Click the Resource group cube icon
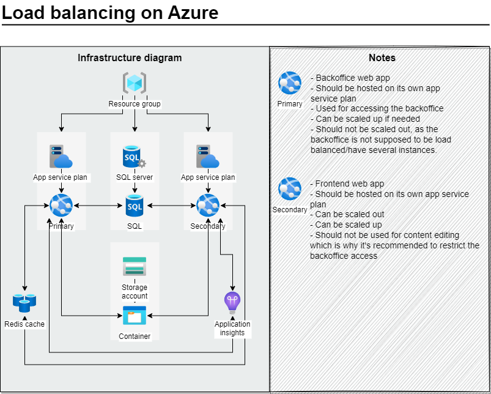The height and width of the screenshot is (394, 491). tap(135, 83)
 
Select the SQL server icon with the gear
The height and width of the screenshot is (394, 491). tap(135, 157)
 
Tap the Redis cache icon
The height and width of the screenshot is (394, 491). tap(24, 303)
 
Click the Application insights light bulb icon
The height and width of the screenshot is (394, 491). tap(232, 303)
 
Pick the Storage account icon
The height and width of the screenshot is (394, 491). tap(135, 266)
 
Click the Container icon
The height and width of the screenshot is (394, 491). tap(135, 316)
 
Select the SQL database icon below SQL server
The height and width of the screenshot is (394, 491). tap(135, 206)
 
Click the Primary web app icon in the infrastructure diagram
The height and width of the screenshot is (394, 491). tap(61, 205)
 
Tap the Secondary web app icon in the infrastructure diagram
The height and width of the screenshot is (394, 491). tap(208, 205)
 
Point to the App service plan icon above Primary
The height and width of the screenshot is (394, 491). tap(61, 156)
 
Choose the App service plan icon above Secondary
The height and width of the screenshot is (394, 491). tap(208, 156)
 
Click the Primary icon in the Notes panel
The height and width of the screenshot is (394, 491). tap(290, 83)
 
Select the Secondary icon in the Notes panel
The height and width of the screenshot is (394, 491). tap(290, 188)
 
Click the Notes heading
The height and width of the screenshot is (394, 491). tap(382, 58)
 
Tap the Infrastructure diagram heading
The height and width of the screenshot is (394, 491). tap(130, 58)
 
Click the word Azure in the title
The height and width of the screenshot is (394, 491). tap(193, 13)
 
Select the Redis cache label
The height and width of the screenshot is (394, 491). tap(24, 324)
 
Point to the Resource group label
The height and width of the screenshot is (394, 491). tap(135, 103)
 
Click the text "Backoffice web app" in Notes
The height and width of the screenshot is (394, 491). tap(353, 78)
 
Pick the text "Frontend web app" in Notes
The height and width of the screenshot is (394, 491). tap(350, 184)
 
